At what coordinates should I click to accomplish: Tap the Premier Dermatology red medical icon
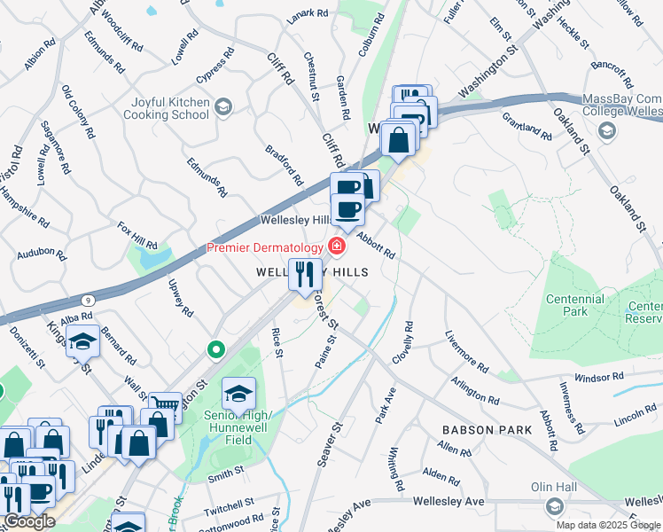337,246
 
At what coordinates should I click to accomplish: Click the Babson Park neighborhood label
487,430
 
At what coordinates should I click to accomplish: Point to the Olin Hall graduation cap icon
555,507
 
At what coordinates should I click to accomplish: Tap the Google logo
28,521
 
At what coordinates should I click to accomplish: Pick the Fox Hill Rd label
137,234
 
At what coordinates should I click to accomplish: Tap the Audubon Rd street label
42,254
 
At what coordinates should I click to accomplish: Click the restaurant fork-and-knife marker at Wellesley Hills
304,274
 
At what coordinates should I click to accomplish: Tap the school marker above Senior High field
238,393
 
